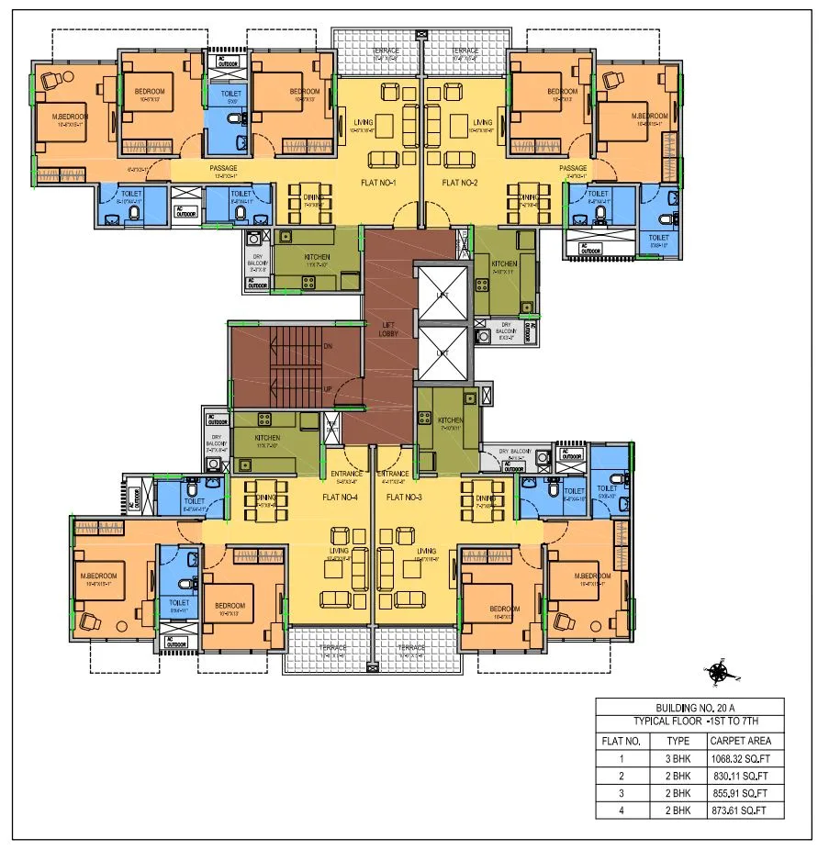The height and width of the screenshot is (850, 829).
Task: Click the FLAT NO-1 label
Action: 381,183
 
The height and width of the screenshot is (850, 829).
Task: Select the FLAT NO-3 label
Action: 407,497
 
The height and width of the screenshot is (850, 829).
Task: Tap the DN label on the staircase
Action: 329,346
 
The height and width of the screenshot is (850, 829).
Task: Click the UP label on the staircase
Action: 329,389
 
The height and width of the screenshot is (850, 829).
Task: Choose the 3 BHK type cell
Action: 678,759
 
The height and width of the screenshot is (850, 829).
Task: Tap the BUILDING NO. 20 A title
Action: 689,708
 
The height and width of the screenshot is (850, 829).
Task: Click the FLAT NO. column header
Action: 621,741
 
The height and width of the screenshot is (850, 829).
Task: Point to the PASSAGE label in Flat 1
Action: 223,168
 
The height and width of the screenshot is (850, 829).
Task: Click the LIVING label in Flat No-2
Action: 481,121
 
